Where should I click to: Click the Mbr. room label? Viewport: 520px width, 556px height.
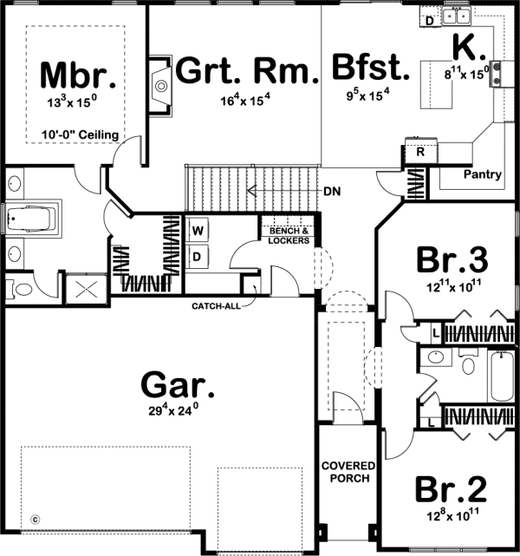[x=78, y=76]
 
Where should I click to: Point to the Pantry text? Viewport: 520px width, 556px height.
[x=482, y=174]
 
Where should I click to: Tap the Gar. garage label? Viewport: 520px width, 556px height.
[x=178, y=383]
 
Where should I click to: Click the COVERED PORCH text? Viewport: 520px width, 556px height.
[x=346, y=471]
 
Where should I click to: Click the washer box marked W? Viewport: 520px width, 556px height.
[x=198, y=232]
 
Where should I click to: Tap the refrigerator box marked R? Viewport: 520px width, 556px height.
[x=419, y=152]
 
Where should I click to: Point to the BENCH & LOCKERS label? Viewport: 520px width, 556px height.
[x=288, y=236]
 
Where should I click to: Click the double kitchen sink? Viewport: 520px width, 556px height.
[x=456, y=15]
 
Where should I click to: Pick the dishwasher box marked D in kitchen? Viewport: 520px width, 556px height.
[x=430, y=18]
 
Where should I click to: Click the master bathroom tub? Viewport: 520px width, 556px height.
[x=31, y=219]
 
